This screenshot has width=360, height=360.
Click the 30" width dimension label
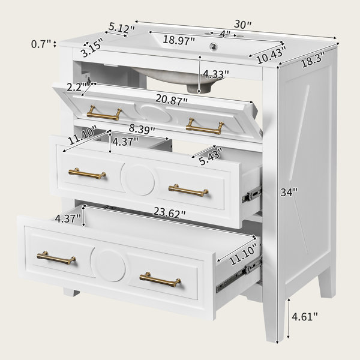coord(242,24)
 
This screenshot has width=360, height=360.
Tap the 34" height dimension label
coord(289,192)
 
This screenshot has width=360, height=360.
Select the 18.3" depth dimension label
coord(313,59)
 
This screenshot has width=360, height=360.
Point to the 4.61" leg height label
coord(305,317)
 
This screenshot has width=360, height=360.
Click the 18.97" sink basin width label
coord(179,40)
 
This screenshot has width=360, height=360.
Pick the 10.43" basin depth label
coord(272,55)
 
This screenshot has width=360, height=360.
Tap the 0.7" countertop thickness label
coord(41,44)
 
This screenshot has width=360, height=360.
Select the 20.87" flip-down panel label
coord(172,100)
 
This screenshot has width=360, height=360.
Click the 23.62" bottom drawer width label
coord(169,212)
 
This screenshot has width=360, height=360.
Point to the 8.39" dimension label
coord(142,129)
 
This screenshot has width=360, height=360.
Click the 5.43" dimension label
coord(211,156)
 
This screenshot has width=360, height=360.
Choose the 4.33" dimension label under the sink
coord(216,74)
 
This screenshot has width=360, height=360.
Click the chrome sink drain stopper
coord(214,46)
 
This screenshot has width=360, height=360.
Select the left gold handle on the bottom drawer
coord(56,258)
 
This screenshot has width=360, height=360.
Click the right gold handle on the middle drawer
coord(188,190)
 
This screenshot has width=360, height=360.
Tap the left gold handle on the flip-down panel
coord(104,113)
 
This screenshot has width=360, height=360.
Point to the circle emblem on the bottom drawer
coord(108,265)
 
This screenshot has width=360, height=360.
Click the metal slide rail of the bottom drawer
coord(239,274)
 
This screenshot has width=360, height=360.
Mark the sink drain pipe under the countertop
coord(199,88)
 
